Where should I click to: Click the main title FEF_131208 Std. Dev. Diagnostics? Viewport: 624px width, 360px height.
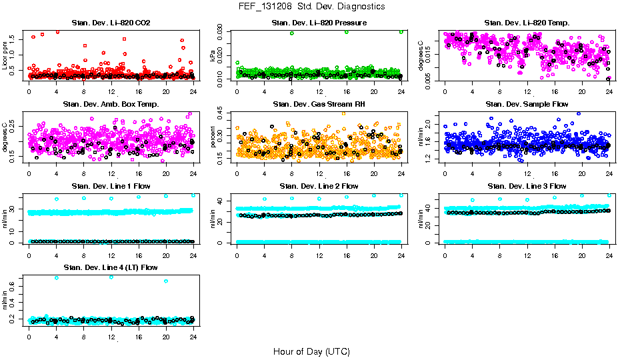tap(311, 6)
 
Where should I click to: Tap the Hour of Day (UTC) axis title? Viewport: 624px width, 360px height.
tap(311, 351)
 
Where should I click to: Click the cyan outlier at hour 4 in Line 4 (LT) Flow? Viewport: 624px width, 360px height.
tap(57, 277)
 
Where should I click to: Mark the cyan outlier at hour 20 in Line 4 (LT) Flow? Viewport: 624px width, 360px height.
tap(166, 281)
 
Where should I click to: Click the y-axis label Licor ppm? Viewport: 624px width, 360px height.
tap(5, 55)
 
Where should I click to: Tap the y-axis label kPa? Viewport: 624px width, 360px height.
tap(213, 57)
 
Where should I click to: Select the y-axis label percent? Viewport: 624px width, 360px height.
tap(213, 137)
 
